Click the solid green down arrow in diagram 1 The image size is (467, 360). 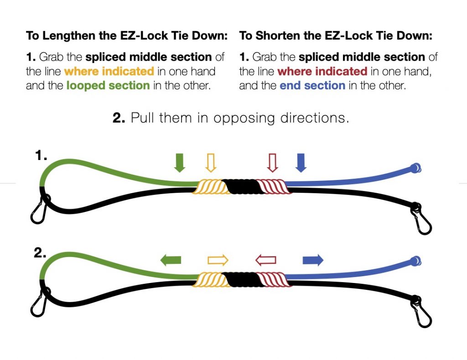(179, 163)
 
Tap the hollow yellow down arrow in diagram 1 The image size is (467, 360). (211, 163)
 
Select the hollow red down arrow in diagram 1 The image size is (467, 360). (272, 163)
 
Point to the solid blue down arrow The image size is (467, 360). (301, 163)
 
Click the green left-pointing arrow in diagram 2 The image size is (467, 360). (171, 260)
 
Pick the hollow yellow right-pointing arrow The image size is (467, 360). (218, 260)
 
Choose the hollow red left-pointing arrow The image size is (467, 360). (266, 260)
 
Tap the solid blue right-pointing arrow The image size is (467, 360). (313, 260)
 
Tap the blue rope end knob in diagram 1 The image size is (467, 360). (415, 168)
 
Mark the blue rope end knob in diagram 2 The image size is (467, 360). (415, 262)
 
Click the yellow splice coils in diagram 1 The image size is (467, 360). (210, 187)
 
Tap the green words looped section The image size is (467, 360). (108, 86)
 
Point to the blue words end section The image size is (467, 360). (312, 86)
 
